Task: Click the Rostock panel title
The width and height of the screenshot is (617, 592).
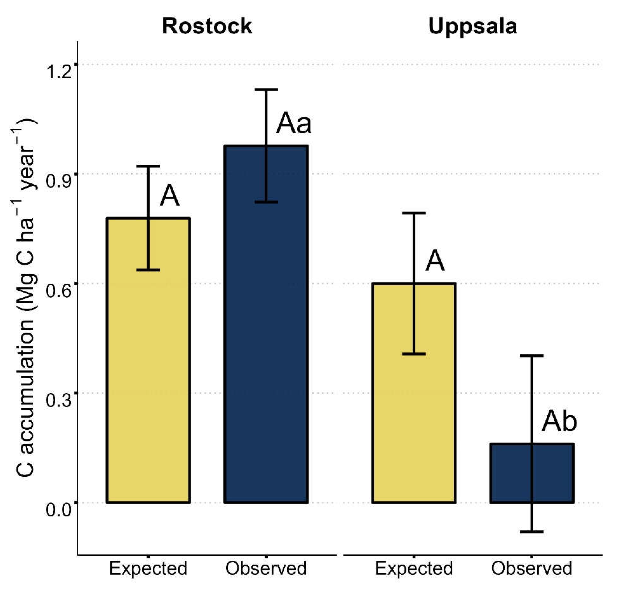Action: [x=207, y=26]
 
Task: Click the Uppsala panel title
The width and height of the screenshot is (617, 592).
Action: [x=473, y=26]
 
